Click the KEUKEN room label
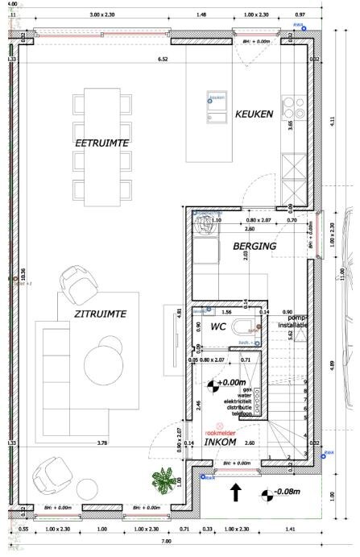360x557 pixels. [x=254, y=114]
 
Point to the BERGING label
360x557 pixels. [x=255, y=246]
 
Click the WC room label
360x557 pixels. [x=217, y=328]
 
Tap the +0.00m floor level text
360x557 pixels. [x=232, y=383]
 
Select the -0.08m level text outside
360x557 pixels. [x=288, y=493]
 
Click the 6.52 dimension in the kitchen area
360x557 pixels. [x=163, y=59]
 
